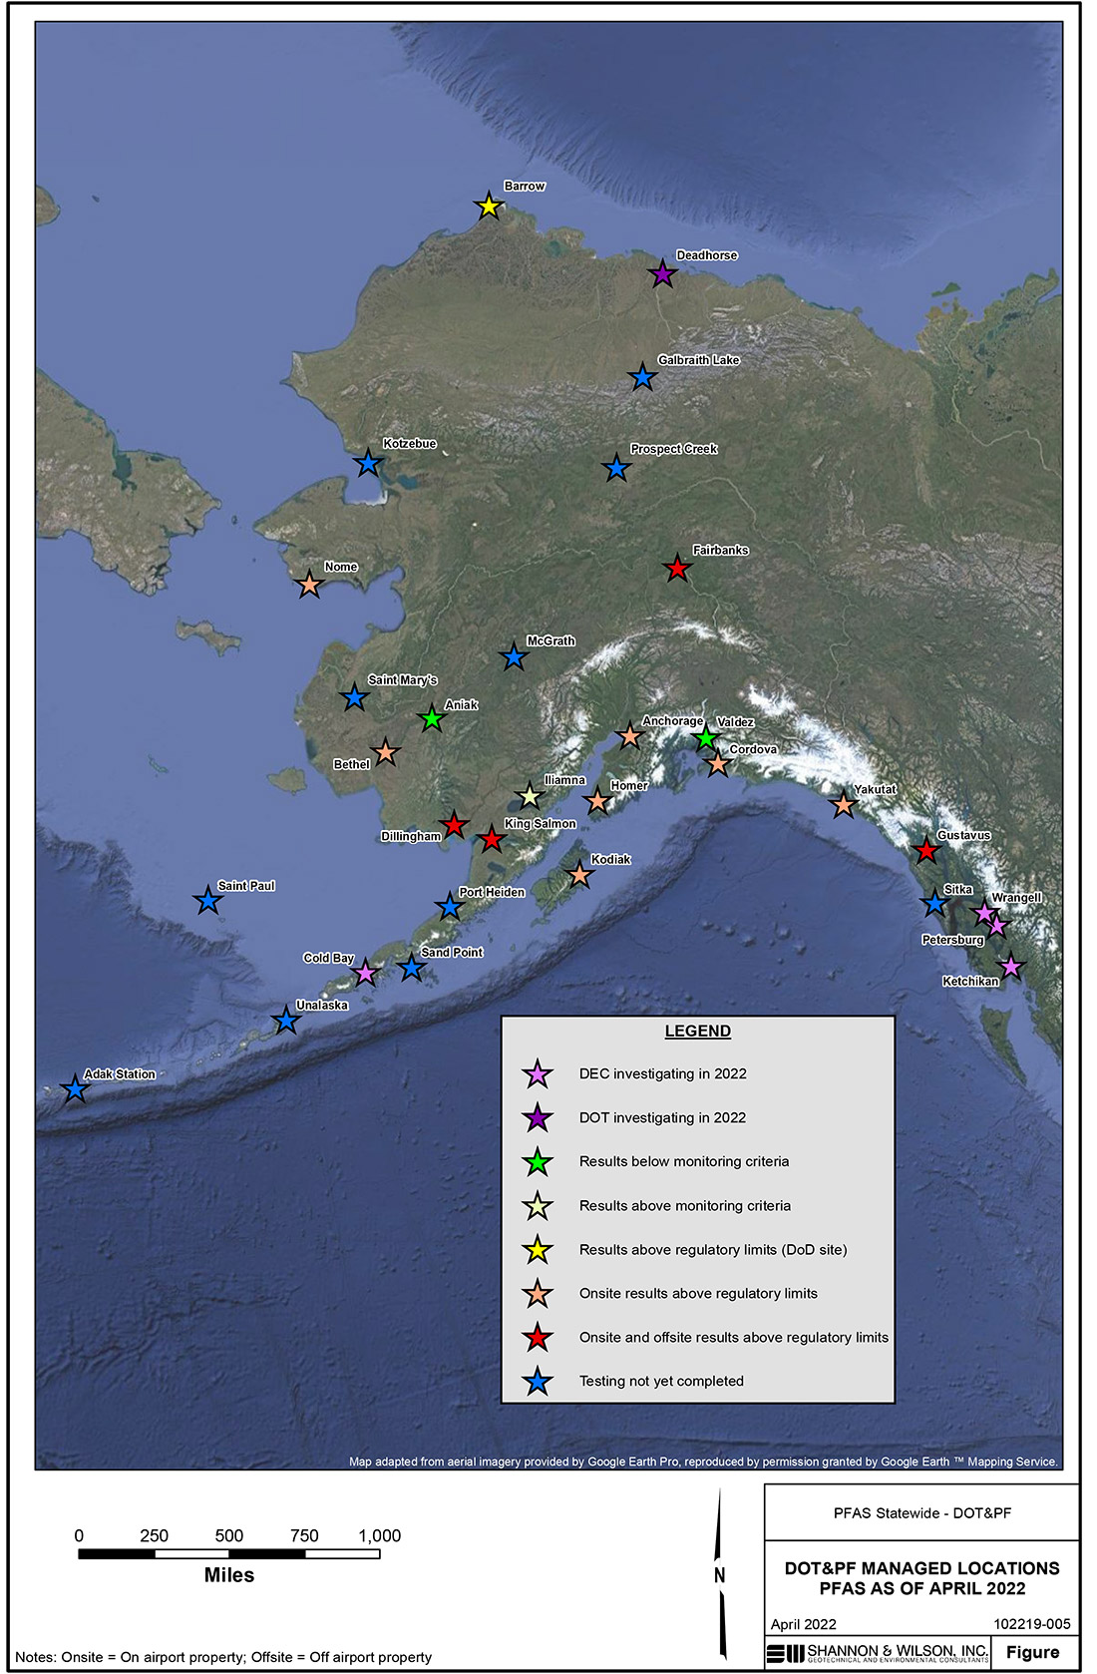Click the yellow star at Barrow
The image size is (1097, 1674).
coord(489,207)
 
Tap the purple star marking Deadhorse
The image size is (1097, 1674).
coord(662,273)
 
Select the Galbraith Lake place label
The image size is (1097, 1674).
coord(698,360)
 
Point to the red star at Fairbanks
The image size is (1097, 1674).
coord(677,569)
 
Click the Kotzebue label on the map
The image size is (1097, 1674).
coord(410,444)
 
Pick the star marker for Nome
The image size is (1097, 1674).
coord(309,585)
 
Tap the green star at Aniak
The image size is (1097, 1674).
coord(431,718)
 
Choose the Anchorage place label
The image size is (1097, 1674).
coord(672,721)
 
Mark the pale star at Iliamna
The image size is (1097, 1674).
coord(530,796)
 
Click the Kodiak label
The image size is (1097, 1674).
coord(610,860)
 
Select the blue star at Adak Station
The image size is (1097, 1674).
coord(75,1089)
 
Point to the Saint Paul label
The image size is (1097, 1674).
coord(246,886)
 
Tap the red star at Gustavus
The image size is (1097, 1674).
coord(926,851)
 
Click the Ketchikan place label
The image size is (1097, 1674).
coord(970,982)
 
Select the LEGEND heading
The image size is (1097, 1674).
coord(698,1032)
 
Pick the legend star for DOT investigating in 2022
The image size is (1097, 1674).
coord(538,1118)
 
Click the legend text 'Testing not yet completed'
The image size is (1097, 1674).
coord(661,1382)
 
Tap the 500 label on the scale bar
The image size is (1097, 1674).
coord(229,1536)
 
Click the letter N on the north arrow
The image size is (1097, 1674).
coord(719,1576)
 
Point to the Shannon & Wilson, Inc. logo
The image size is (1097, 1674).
coord(878,1653)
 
